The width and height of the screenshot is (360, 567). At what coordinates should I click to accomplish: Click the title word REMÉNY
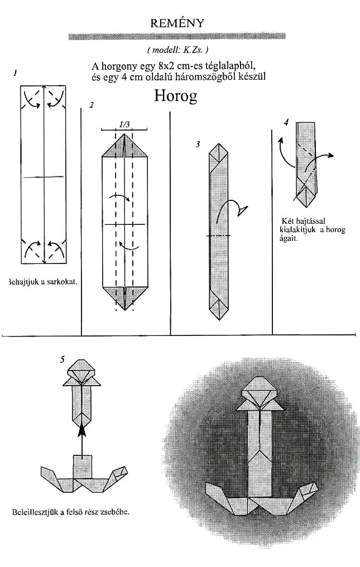(x=177, y=23)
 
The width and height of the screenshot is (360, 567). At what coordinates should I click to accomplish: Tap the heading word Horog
(x=176, y=96)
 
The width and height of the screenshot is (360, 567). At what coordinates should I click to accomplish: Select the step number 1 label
(x=15, y=74)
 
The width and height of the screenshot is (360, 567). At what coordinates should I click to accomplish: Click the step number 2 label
(x=92, y=105)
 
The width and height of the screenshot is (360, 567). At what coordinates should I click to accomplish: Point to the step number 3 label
(x=198, y=145)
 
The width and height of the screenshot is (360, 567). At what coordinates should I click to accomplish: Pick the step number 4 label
(x=286, y=122)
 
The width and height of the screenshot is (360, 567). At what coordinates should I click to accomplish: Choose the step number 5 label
(x=63, y=359)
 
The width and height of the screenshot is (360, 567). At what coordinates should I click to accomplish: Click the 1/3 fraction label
(x=124, y=125)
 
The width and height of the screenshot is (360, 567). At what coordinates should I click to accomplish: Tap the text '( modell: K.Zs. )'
(x=178, y=50)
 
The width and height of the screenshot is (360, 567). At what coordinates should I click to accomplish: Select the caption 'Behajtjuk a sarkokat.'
(x=42, y=282)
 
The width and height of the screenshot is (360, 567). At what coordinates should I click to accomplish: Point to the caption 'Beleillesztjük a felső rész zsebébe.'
(x=71, y=512)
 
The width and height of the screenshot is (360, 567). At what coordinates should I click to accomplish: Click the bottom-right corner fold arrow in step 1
(x=55, y=248)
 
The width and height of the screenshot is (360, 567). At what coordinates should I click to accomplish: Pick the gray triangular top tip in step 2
(x=124, y=145)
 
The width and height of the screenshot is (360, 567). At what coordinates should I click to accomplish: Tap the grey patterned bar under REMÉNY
(x=177, y=36)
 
